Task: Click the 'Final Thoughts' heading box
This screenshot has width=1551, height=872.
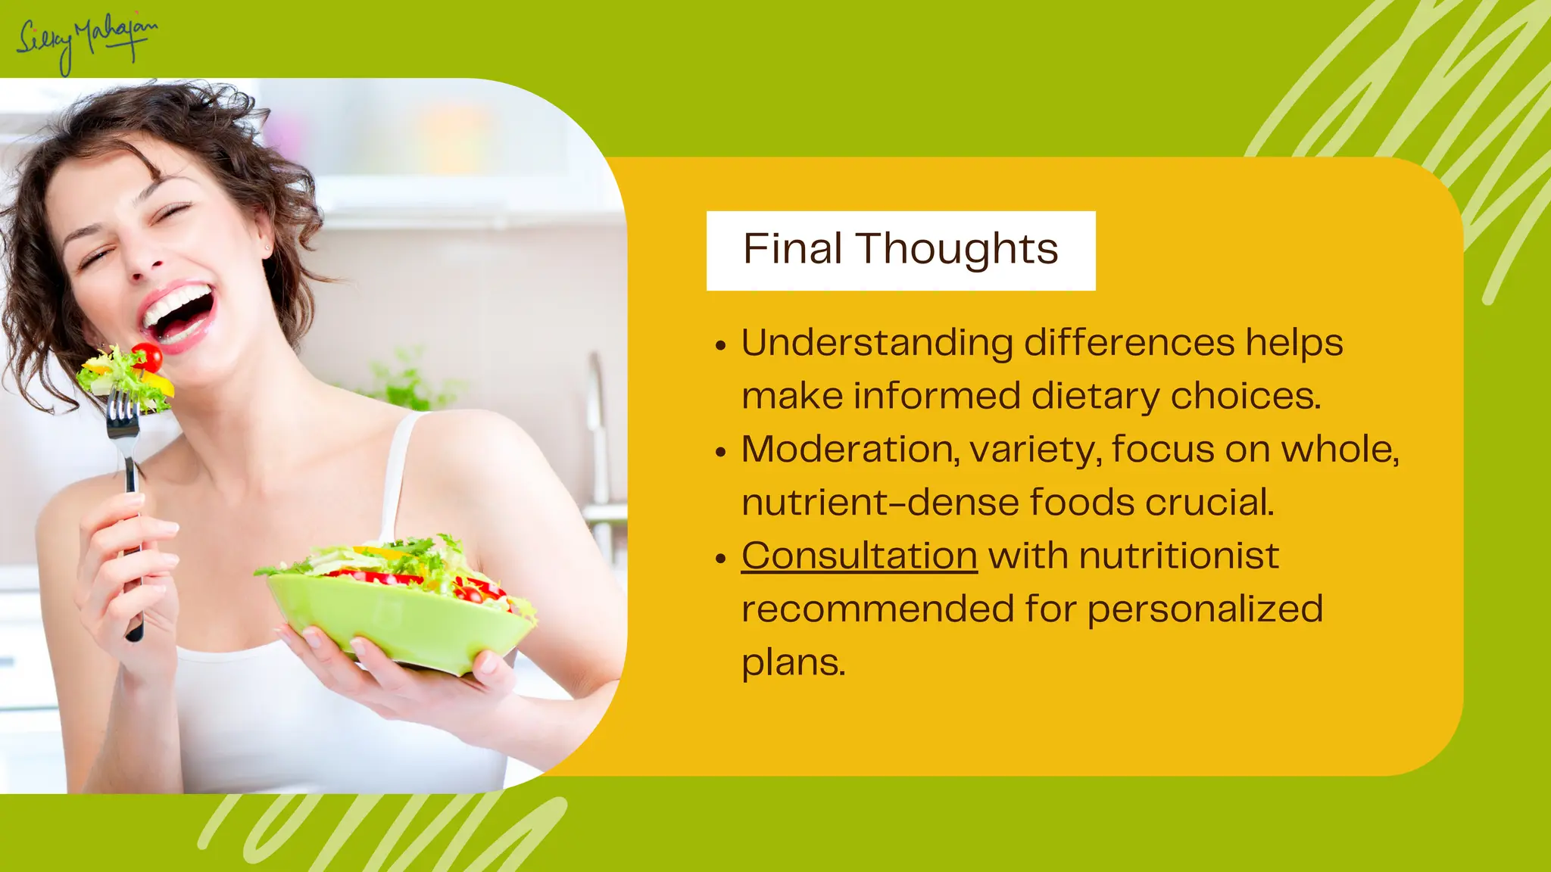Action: (x=900, y=251)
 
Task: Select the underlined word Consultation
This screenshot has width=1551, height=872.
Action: (x=859, y=556)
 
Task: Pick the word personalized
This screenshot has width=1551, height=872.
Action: (x=1205, y=610)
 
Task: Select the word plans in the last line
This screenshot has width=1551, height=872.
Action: (x=792, y=663)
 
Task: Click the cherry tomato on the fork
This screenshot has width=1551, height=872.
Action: (x=147, y=357)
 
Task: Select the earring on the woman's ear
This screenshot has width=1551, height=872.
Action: (x=267, y=247)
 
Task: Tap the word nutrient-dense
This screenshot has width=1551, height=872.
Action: (x=879, y=503)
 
